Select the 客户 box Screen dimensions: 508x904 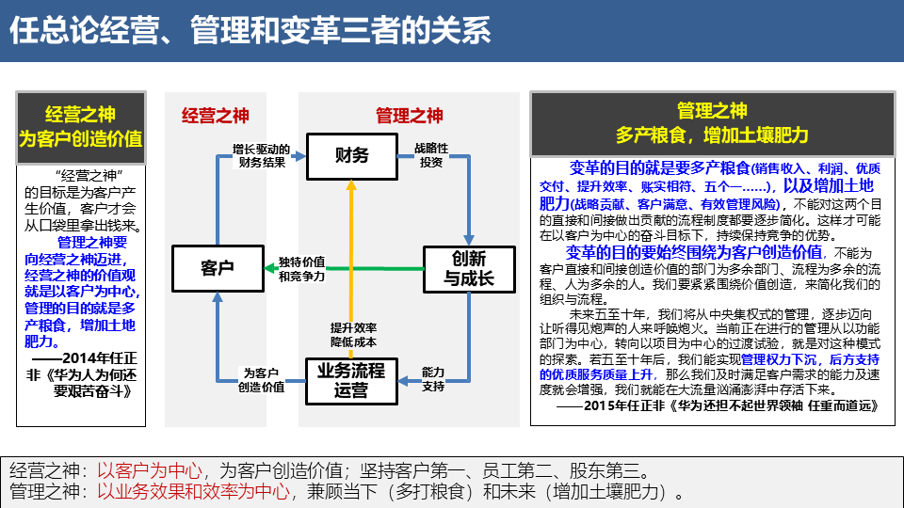pos(218,268)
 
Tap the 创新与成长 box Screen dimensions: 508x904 pos(469,268)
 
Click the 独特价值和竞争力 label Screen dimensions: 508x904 pos(301,269)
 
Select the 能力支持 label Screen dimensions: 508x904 pos(432,379)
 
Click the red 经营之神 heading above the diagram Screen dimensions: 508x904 pos(216,116)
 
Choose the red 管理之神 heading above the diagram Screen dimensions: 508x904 pos(409,116)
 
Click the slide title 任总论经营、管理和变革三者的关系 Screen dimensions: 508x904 pos(250,31)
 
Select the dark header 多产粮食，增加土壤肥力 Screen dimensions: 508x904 pos(712,124)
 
